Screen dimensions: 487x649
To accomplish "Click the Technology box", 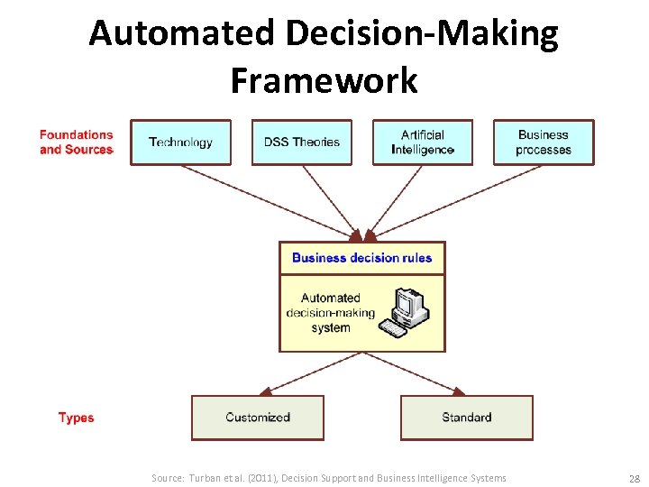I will pos(180,142).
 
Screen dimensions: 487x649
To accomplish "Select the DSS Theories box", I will pos(301,142).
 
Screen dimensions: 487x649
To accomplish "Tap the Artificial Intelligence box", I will pos(422,142).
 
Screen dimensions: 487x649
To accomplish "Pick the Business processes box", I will pos(543,142).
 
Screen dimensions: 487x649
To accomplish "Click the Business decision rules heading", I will pos(361,258).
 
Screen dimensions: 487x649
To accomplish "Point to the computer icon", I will pos(405,312).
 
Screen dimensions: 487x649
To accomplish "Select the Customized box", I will pos(257,418).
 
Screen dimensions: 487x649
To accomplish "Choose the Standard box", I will pos(466,418).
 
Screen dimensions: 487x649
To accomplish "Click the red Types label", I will pos(76,418).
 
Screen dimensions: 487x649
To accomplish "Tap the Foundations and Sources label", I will pos(76,142).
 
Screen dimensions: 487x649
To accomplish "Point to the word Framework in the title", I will pos(324,80).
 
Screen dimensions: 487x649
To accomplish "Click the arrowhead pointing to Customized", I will pos(265,391).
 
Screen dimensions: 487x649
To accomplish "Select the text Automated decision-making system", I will pos(330,313).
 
